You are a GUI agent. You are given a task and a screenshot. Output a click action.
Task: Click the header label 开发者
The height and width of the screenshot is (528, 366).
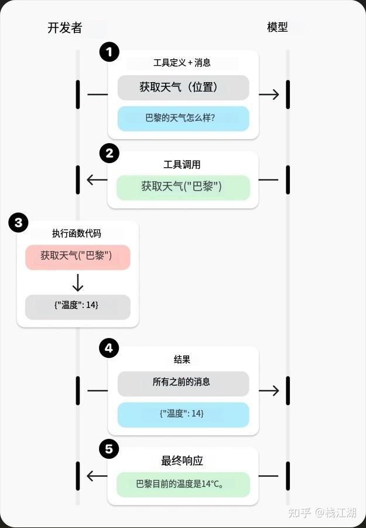point(65,28)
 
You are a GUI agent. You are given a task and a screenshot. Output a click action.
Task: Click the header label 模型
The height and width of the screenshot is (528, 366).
point(277,27)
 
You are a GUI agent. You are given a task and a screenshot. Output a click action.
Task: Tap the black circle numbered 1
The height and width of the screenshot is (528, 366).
point(110,52)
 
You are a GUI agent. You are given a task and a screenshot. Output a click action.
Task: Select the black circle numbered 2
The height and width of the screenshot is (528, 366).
point(110,154)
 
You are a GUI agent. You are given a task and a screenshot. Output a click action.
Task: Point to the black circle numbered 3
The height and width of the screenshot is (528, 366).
point(19,222)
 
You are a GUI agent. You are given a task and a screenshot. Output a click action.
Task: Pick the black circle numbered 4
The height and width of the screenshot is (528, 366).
point(109,348)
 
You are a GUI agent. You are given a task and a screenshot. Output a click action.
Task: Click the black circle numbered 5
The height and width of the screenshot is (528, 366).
point(109,449)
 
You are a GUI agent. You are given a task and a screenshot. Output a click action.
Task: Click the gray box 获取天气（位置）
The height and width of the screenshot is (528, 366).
point(183,87)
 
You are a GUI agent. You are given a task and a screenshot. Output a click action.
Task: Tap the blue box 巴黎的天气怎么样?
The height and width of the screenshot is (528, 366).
point(183,119)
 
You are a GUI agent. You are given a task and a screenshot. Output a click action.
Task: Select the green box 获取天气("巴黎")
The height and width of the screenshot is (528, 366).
point(183,188)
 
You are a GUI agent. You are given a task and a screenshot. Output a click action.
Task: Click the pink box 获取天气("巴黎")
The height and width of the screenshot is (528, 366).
point(78,258)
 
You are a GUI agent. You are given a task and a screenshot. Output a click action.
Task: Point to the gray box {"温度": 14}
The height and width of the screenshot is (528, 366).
point(78,307)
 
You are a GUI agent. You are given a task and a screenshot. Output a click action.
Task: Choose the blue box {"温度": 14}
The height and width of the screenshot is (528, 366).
point(183,415)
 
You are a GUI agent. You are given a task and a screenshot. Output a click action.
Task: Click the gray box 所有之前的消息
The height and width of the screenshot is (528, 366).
point(183,384)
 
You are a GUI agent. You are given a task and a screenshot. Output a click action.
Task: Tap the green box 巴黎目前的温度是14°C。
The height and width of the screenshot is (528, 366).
point(183,485)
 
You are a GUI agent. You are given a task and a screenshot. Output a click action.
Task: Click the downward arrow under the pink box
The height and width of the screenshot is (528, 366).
point(78,283)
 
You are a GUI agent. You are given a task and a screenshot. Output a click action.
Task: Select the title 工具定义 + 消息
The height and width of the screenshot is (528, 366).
point(182,63)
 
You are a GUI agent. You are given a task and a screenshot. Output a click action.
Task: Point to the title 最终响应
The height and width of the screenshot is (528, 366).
point(182,461)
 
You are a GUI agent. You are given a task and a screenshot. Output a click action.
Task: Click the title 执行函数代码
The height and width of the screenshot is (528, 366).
point(77,233)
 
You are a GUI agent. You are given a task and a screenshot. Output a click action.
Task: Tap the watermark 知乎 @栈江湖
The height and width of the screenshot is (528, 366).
point(321,512)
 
